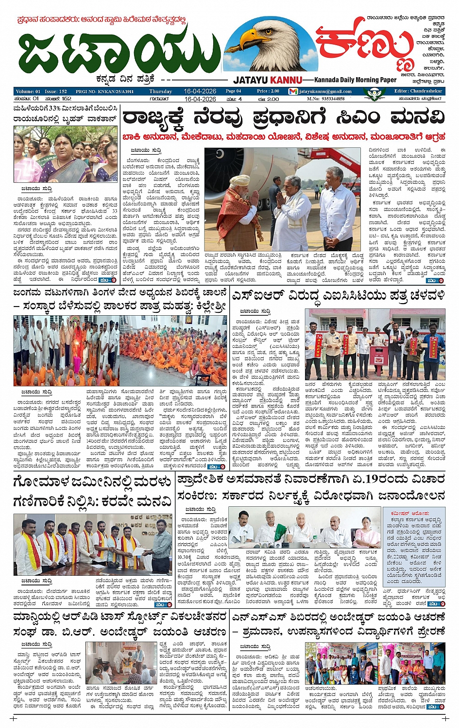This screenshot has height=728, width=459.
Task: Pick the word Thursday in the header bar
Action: [x=161, y=91]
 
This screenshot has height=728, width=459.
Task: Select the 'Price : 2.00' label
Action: [x=268, y=91]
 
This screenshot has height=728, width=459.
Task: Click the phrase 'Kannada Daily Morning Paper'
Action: [x=355, y=80]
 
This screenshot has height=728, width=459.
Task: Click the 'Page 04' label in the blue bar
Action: [x=233, y=91]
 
